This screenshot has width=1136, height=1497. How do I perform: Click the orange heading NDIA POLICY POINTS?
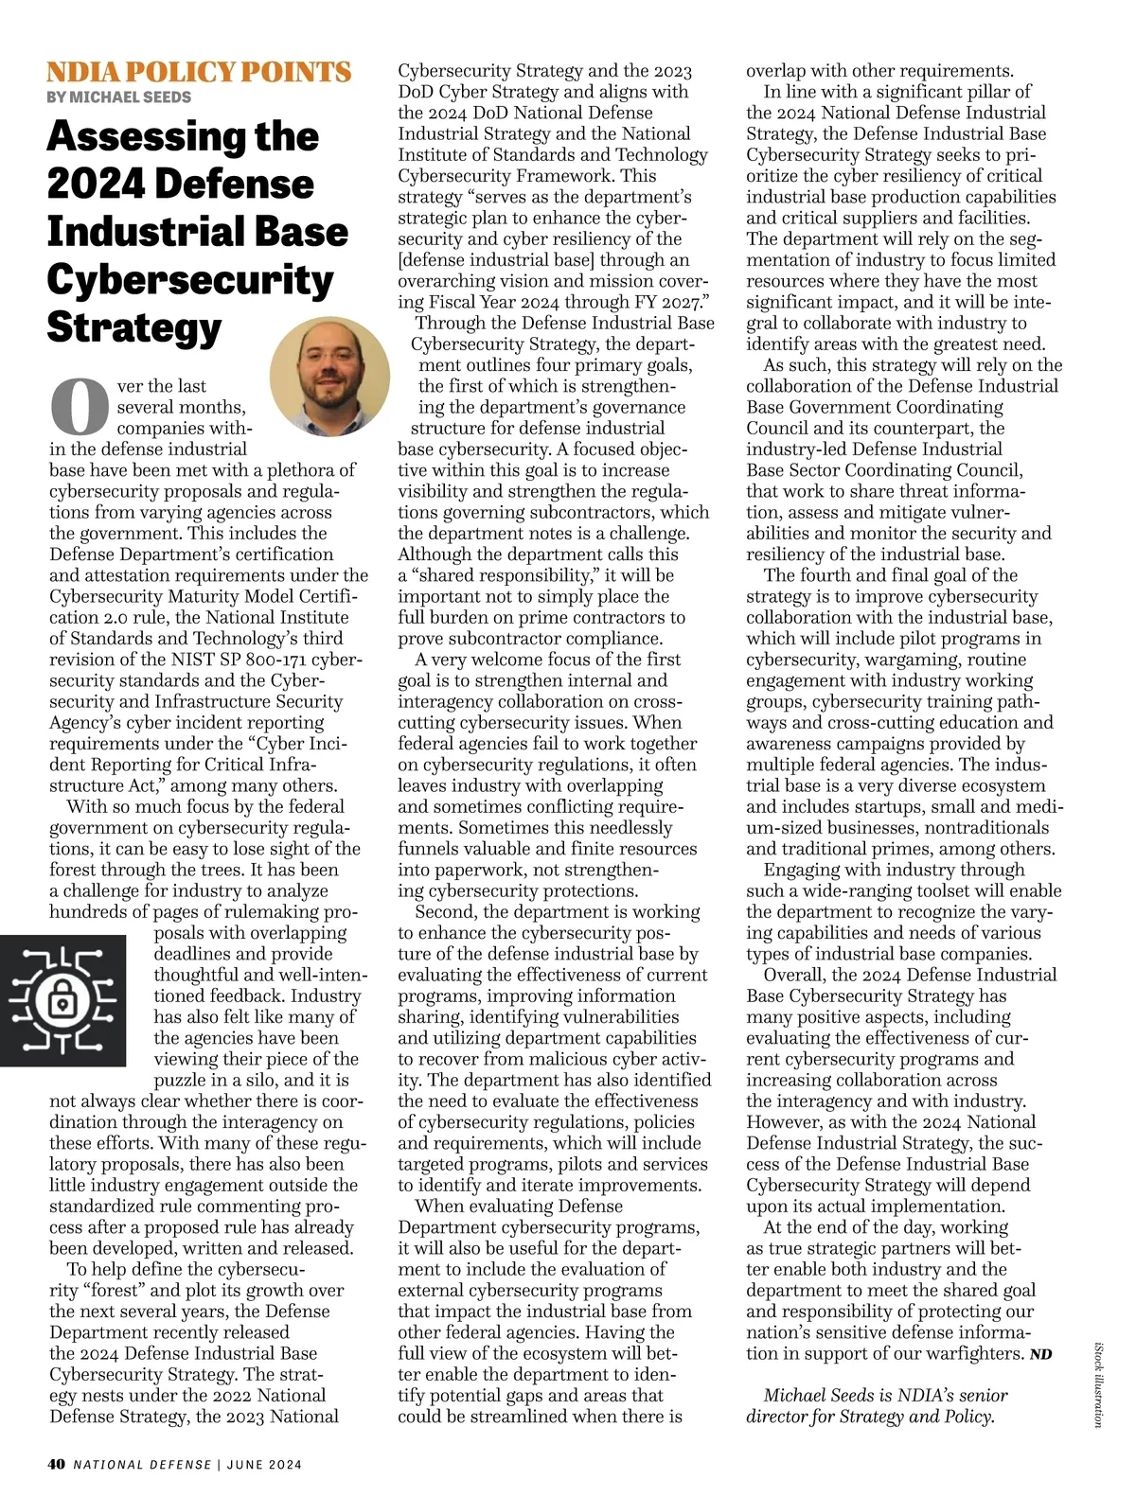[x=199, y=72]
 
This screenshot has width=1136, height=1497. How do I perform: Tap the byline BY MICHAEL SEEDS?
[x=119, y=97]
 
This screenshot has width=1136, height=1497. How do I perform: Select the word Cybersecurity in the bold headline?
[x=190, y=279]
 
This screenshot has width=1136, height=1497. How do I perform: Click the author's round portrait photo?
[x=329, y=377]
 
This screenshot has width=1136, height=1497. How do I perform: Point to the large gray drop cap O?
[x=80, y=406]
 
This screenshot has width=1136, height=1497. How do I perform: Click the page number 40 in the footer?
[x=57, y=1464]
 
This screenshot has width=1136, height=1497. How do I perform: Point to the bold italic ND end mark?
[x=1040, y=1354]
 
